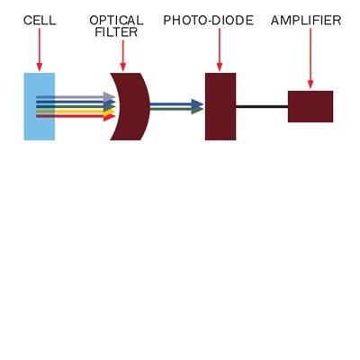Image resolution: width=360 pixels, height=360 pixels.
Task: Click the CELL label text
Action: pyautogui.click(x=40, y=21)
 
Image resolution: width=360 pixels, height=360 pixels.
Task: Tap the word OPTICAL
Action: pyautogui.click(x=116, y=21)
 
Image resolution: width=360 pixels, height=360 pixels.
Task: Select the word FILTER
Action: pyautogui.click(x=116, y=32)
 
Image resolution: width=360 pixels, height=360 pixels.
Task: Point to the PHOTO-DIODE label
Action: pyautogui.click(x=208, y=21)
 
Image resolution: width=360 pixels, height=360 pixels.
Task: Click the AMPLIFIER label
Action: pyautogui.click(x=306, y=21)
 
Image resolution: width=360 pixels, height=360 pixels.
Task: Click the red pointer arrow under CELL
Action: pyautogui.click(x=40, y=49)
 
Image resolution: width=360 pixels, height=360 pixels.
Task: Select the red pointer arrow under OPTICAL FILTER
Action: pyautogui.click(x=122, y=56)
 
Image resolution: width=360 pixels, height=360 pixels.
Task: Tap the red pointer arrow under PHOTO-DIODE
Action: pyautogui.click(x=220, y=49)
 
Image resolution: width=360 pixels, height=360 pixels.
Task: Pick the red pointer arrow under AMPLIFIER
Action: pyautogui.click(x=310, y=58)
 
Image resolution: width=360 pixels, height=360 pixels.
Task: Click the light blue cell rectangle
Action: pyautogui.click(x=40, y=106)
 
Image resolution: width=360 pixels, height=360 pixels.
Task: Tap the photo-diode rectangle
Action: pyautogui.click(x=220, y=106)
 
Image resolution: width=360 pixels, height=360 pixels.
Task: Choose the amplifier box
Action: pyautogui.click(x=310, y=106)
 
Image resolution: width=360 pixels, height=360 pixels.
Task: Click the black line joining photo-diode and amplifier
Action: pyautogui.click(x=262, y=106)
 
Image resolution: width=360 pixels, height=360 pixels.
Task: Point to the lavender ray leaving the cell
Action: pyautogui.click(x=76, y=97)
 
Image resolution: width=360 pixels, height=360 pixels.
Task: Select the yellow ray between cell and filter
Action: pyautogui.click(x=76, y=112)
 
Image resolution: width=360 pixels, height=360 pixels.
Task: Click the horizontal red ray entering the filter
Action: pyautogui.click(x=76, y=116)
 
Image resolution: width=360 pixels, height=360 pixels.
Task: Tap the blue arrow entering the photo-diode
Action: pyautogui.click(x=176, y=104)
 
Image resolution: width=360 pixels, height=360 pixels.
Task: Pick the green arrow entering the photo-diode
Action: pyautogui.click(x=176, y=109)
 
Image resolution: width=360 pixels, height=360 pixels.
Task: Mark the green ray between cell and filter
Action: pyautogui.click(x=76, y=106)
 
